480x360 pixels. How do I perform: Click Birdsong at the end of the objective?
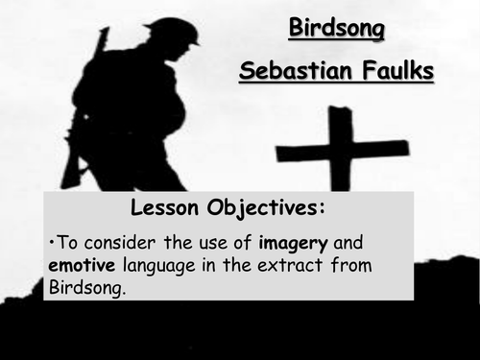click(84, 287)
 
